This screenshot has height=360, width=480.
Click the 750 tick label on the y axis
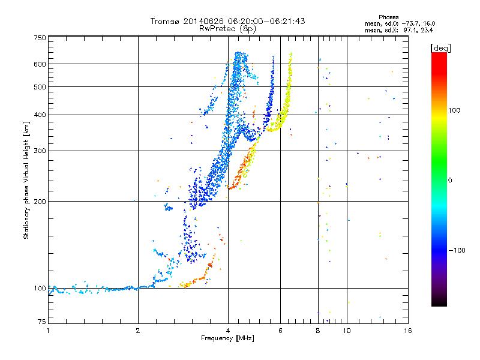[40, 38]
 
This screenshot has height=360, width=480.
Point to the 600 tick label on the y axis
[40, 64]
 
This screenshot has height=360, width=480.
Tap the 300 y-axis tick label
[40, 151]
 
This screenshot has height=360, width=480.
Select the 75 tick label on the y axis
[41, 322]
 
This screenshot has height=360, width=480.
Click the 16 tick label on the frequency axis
[407, 330]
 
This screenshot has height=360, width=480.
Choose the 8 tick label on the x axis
[317, 330]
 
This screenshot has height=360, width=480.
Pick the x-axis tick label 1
[48, 330]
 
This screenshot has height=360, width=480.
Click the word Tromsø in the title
[166, 21]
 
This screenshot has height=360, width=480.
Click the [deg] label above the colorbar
[440, 47]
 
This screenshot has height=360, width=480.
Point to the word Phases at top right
[389, 17]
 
